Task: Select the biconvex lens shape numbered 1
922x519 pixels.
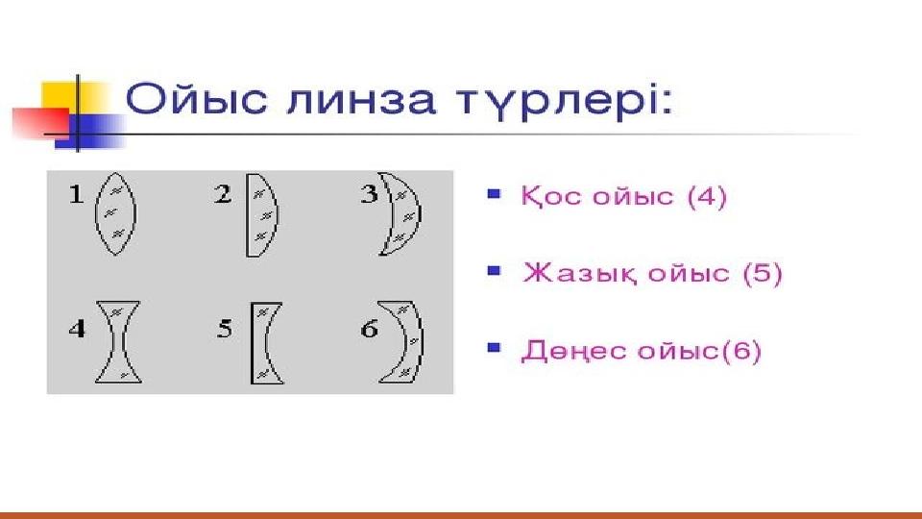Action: [x=115, y=213]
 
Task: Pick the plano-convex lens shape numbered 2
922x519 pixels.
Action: [x=261, y=215]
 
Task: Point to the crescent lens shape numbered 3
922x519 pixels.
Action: [x=410, y=213]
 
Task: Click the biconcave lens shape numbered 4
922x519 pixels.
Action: [x=118, y=342]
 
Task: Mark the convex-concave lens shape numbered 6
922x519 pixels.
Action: [x=416, y=341]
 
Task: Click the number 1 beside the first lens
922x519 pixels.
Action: [x=76, y=194]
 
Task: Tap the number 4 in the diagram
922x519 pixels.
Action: [x=77, y=329]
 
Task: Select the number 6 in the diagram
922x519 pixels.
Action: [x=369, y=329]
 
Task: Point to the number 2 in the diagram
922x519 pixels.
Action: [x=223, y=194]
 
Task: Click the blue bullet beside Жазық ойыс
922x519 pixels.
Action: [x=494, y=271]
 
